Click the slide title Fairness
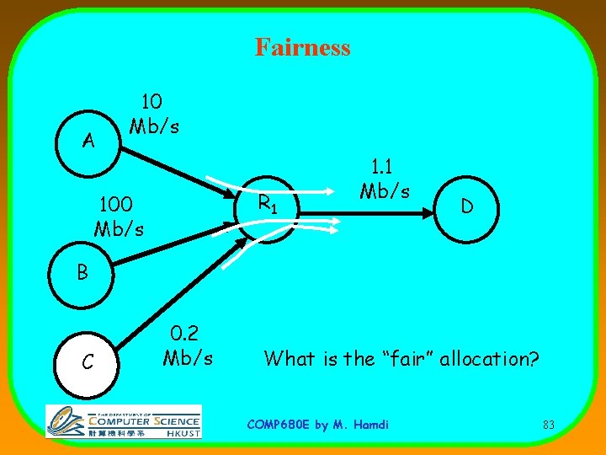click(x=302, y=46)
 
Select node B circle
click(x=81, y=274)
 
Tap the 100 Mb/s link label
click(x=120, y=216)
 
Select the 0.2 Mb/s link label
click(x=188, y=345)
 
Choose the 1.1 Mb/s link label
click(x=385, y=179)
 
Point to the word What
click(x=290, y=358)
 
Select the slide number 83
click(x=548, y=425)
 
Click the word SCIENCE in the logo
click(x=176, y=420)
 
